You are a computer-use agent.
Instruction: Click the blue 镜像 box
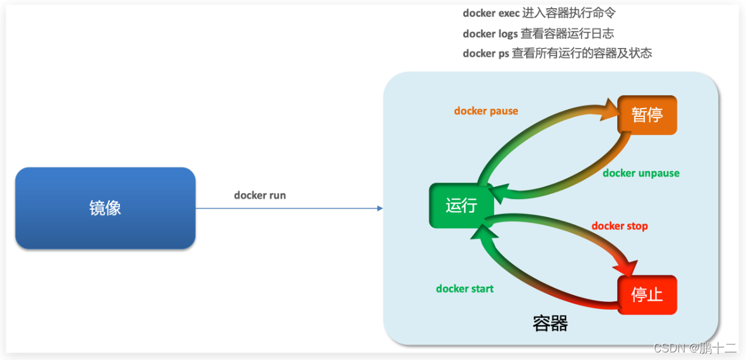105,208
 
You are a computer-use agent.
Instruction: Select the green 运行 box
460,205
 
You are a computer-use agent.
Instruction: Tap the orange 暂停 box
647,115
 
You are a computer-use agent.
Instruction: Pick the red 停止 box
647,294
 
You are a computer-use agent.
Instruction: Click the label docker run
260,195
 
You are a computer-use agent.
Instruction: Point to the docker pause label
486,111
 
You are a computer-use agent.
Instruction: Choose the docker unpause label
641,173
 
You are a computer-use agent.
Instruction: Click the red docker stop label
619,226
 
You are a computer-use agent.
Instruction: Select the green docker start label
464,289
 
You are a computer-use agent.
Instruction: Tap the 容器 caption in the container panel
550,323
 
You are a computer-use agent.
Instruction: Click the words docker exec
491,13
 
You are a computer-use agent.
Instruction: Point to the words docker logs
490,33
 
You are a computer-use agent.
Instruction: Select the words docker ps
485,54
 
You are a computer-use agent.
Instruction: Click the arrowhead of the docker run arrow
380,208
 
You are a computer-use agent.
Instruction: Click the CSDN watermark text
695,347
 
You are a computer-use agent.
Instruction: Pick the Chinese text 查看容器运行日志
567,33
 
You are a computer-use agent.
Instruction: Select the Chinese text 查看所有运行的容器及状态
582,54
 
